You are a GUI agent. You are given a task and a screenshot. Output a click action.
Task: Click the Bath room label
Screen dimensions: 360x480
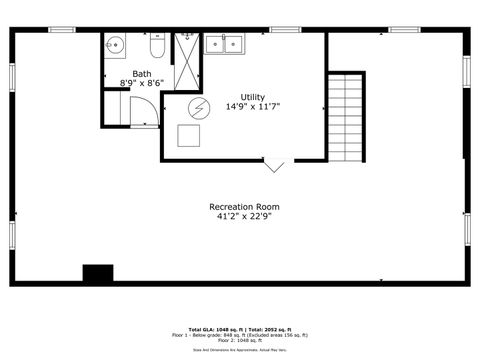coord(142,73)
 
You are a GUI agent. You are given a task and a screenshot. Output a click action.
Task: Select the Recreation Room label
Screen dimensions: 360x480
coord(243,207)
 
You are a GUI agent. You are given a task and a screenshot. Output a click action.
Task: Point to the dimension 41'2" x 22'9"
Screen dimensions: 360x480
coord(243,216)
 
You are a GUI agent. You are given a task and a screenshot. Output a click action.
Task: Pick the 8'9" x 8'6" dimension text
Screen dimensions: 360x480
coord(142,82)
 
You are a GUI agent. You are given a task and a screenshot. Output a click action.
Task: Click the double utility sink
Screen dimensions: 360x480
coord(223,43)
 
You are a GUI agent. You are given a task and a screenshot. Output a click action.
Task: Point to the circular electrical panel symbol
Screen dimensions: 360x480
coord(198,108)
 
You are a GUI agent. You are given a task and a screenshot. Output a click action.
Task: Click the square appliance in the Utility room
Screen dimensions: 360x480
coord(189,135)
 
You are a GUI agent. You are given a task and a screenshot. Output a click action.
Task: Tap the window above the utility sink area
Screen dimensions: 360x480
coord(285,30)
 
